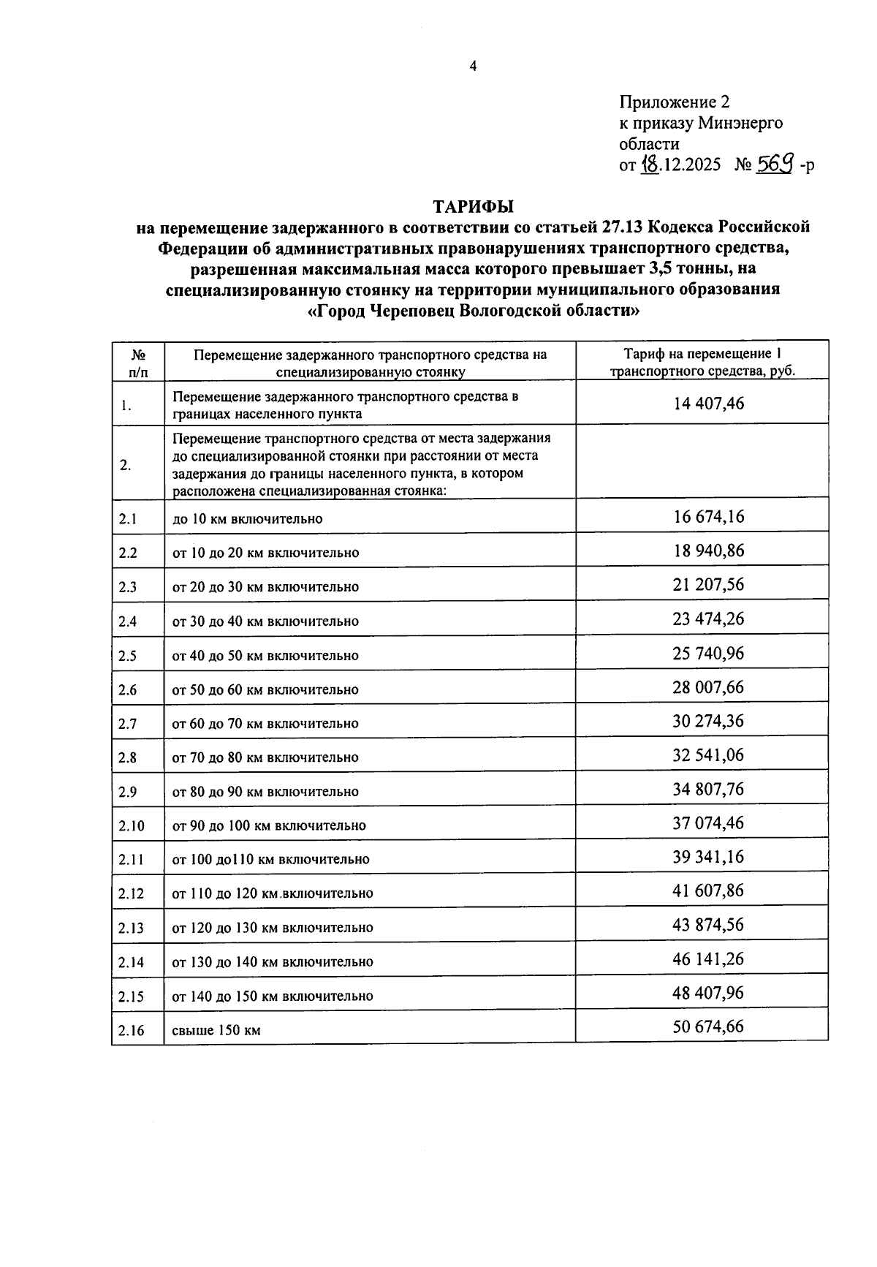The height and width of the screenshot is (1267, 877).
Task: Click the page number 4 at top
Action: [x=473, y=67]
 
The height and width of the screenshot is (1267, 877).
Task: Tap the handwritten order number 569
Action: [x=775, y=164]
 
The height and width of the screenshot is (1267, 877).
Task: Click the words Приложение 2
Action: [x=674, y=102]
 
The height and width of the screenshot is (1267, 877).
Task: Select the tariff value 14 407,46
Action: [x=708, y=403]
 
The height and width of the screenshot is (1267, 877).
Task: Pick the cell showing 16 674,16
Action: [x=708, y=517]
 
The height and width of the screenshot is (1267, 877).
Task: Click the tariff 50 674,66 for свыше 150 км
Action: [x=708, y=1026]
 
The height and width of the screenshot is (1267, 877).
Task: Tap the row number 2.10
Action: [x=132, y=826]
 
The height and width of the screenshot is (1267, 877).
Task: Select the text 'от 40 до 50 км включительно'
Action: [x=265, y=656]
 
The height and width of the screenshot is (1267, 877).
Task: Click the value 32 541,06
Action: [x=708, y=755]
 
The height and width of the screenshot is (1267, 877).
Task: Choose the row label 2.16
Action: [x=132, y=1031]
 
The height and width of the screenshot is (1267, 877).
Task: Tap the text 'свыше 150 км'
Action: [x=216, y=1031]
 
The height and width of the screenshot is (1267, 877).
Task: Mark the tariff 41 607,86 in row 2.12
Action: [x=708, y=891]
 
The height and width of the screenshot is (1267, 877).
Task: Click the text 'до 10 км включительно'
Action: [x=247, y=519]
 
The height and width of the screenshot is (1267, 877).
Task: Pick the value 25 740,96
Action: [x=708, y=653]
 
